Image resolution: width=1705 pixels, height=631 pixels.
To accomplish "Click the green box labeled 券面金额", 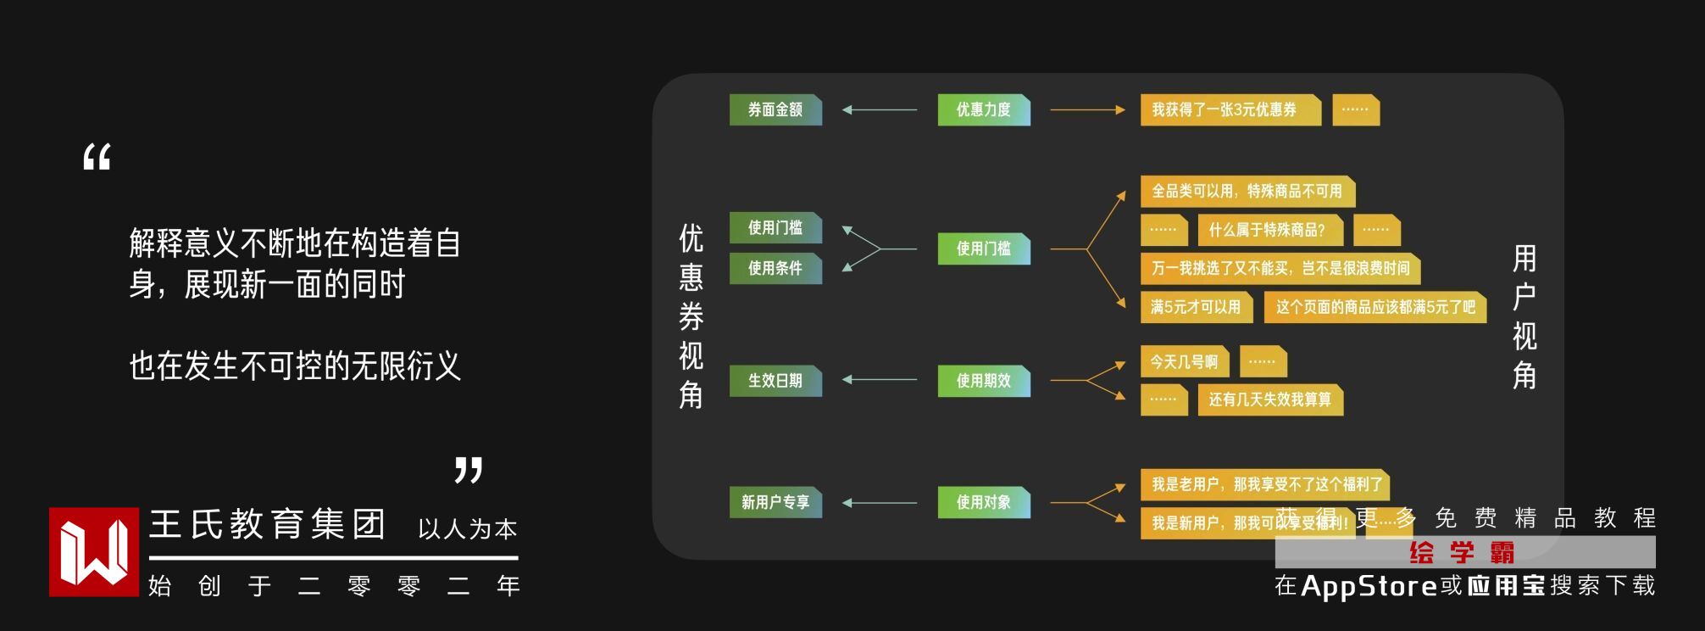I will click(775, 110).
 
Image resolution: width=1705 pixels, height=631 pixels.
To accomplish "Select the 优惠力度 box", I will click(983, 110).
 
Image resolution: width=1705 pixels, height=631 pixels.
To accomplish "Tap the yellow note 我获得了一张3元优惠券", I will click(1229, 110).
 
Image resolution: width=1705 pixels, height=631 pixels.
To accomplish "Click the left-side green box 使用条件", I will click(775, 268).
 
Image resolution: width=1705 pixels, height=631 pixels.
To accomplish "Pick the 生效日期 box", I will click(775, 381).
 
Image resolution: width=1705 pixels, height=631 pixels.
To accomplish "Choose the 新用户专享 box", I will click(775, 502).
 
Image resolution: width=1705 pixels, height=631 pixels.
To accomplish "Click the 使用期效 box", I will click(983, 381).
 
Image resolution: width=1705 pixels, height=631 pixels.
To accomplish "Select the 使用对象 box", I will click(983, 502).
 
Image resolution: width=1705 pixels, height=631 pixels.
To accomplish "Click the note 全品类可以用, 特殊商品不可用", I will click(1247, 192).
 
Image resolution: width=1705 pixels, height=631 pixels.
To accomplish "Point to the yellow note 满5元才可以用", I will click(1195, 307).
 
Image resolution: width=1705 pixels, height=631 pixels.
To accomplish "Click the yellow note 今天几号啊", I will click(1184, 362).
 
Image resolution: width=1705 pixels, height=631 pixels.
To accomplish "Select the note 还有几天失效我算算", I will click(1269, 399).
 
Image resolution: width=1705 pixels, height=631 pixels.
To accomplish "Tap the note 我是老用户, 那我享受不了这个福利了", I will click(1264, 484).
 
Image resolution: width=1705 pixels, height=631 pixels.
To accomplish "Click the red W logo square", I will click(94, 552).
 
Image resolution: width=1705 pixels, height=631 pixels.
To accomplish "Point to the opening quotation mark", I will click(97, 158).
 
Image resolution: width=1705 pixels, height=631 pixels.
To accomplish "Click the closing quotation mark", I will click(469, 470).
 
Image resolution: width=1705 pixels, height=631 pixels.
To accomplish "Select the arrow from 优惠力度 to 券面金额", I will click(880, 110).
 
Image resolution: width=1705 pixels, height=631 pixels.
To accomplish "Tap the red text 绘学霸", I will click(1463, 553).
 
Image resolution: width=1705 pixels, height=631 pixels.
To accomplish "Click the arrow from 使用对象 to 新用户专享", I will click(880, 503).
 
